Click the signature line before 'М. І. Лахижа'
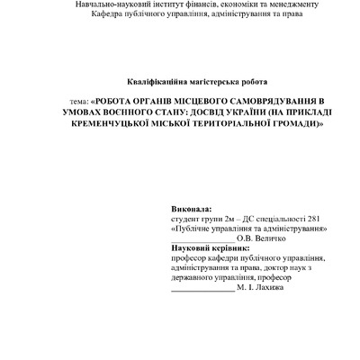(202, 289)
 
